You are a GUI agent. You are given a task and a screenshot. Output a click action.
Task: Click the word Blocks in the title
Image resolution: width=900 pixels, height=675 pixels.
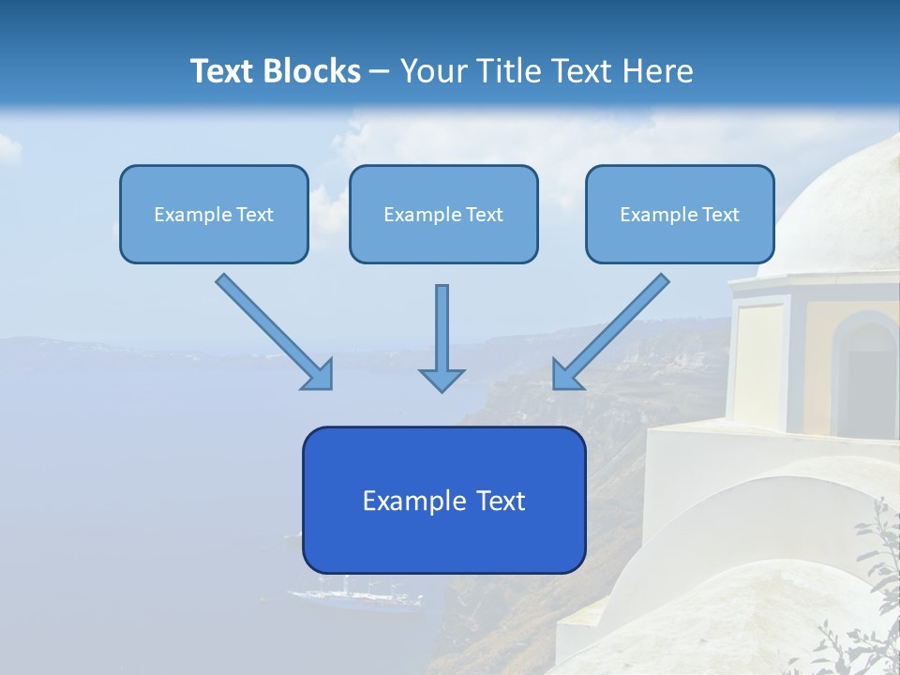313,71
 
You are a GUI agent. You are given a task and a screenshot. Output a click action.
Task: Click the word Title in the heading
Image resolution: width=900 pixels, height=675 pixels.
506,71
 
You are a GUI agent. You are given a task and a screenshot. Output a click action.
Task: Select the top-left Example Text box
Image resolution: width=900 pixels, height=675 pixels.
214,214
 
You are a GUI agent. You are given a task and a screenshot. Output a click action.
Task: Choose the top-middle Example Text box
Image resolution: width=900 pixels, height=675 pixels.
443,214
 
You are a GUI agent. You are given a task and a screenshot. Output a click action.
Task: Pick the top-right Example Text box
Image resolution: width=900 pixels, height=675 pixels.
680,214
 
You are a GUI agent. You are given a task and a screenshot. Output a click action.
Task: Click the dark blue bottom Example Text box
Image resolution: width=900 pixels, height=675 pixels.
443,500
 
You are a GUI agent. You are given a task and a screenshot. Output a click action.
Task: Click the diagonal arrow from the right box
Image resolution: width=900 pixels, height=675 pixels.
614,328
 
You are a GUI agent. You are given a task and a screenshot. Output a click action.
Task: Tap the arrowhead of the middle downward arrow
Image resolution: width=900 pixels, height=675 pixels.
442,379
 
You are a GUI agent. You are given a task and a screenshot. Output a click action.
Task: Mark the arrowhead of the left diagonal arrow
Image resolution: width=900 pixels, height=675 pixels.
319,375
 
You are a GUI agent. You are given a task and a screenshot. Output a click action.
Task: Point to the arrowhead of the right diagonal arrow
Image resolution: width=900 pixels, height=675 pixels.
566,375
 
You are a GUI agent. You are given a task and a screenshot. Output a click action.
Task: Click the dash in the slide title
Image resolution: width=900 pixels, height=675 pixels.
380,72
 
